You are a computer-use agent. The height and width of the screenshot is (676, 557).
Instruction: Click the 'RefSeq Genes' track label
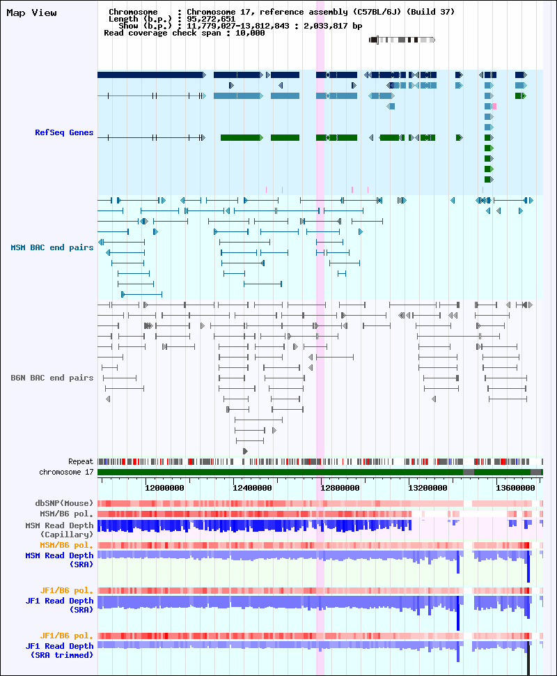click(x=64, y=132)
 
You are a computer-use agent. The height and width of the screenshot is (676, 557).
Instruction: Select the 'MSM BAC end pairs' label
click(x=52, y=247)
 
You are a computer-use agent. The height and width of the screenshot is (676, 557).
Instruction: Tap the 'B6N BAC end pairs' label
click(x=52, y=378)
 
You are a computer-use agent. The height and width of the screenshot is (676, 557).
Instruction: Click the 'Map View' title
click(x=31, y=13)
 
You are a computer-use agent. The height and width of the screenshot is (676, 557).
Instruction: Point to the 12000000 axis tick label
click(x=164, y=488)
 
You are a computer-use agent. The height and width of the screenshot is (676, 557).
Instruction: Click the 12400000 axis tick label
click(x=252, y=488)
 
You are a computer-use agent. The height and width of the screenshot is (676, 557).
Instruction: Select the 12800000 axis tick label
click(x=340, y=488)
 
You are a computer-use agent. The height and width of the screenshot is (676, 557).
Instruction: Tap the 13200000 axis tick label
click(x=427, y=488)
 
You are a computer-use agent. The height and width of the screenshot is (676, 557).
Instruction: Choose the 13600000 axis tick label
click(x=515, y=488)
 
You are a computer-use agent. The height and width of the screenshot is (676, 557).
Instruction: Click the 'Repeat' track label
click(x=81, y=462)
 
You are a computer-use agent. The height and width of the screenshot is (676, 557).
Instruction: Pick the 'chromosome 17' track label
click(x=66, y=472)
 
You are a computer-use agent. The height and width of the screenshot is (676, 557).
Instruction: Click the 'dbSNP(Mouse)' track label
click(x=64, y=503)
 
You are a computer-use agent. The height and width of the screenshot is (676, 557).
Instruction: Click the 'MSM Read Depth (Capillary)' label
click(x=59, y=530)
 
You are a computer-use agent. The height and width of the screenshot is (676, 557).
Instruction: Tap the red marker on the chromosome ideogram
click(x=378, y=40)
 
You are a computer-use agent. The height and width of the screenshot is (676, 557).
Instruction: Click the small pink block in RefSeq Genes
click(x=494, y=106)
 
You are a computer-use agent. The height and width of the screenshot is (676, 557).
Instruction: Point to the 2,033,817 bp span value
click(x=333, y=26)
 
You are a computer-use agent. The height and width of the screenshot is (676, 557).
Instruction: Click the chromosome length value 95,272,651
click(x=211, y=19)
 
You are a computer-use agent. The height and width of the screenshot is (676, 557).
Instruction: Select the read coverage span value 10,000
click(x=250, y=33)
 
